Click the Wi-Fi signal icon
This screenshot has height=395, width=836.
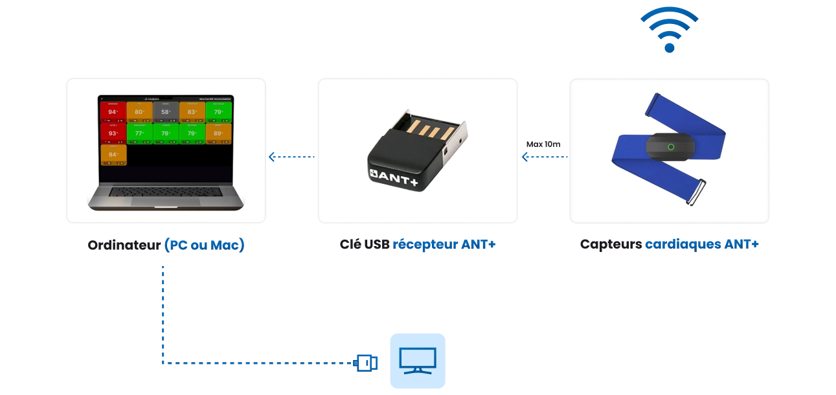669,30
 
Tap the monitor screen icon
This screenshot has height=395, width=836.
417,360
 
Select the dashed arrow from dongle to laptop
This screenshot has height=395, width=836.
291,157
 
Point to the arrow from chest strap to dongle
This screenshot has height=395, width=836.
544,157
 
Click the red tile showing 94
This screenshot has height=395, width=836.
113,112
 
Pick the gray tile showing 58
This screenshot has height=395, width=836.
166,112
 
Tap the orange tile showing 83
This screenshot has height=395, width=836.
192,112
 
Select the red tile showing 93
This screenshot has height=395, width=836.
113,133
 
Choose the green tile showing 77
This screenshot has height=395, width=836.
139,133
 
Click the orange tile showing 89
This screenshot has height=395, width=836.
219,133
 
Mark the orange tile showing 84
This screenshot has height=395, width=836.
113,155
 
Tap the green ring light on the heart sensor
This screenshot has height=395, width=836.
671,146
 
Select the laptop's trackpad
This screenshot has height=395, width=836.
165,202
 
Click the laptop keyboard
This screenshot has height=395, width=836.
166,192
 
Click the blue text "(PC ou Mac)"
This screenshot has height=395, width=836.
204,245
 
